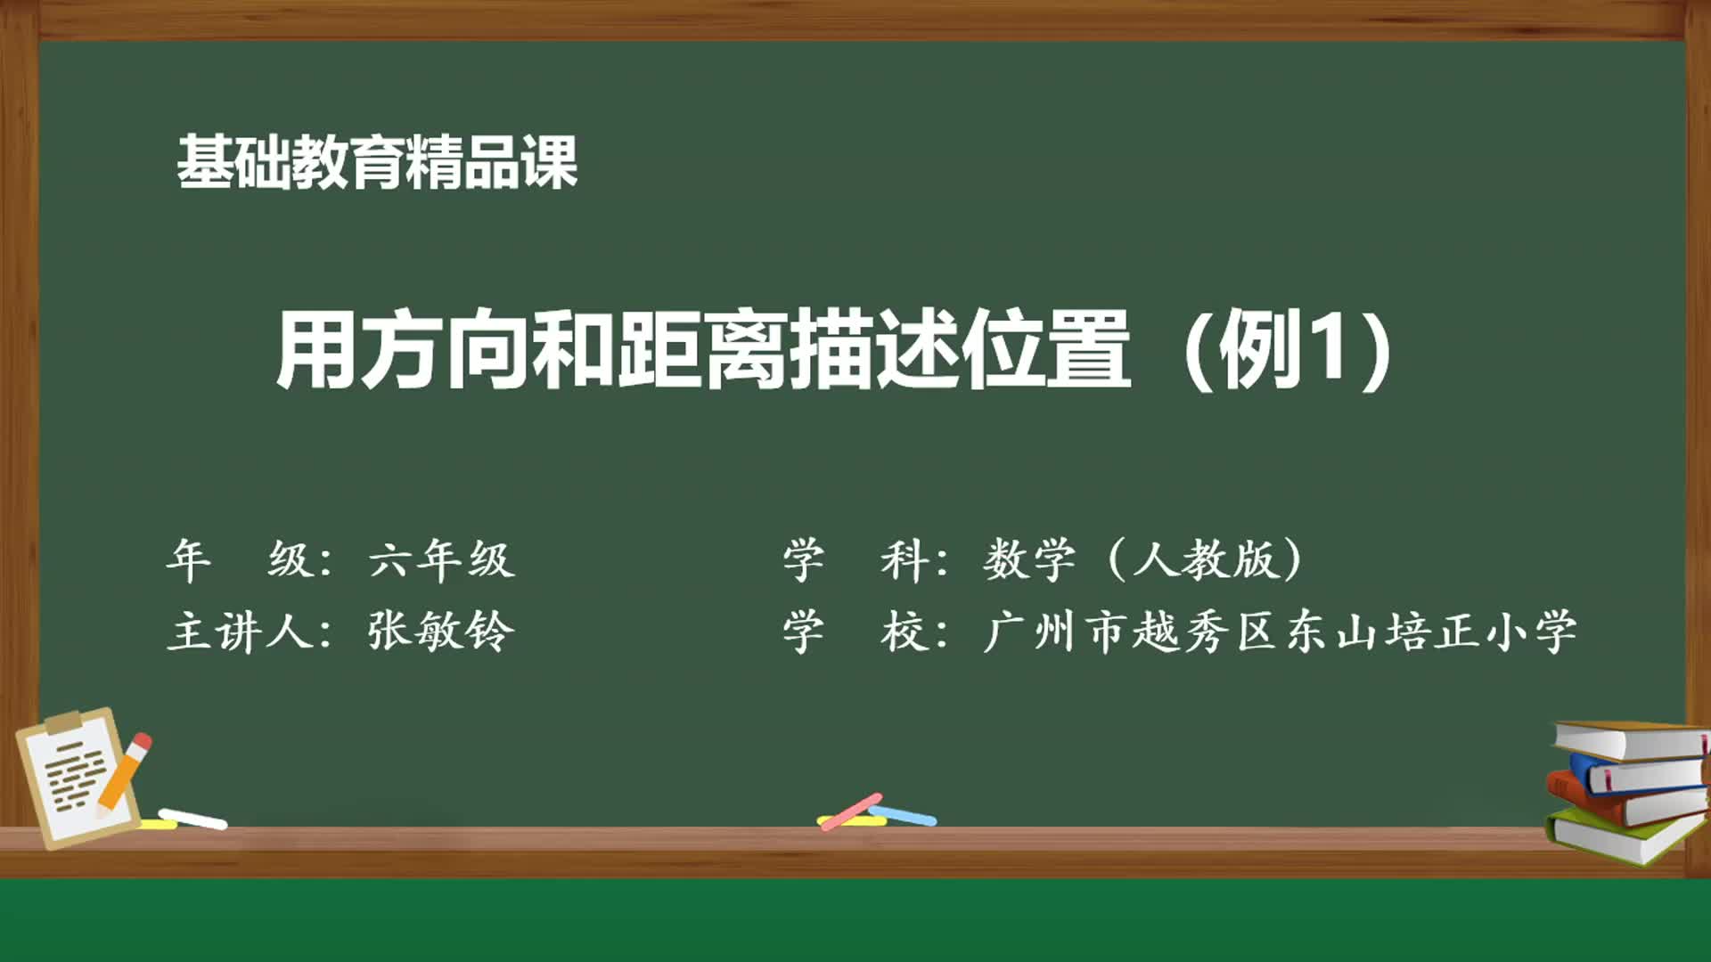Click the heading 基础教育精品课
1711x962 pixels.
click(x=377, y=163)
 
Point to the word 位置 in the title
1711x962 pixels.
click(x=1046, y=349)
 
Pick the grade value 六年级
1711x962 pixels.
click(x=442, y=560)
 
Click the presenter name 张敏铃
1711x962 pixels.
click(x=442, y=632)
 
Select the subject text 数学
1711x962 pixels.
click(x=1029, y=560)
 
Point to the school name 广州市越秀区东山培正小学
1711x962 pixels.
click(x=1280, y=632)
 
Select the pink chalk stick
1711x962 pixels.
click(x=852, y=811)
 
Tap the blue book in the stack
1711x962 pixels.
click(x=1635, y=773)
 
